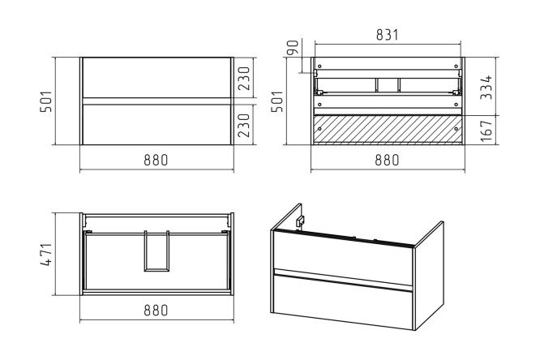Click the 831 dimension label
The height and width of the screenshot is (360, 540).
click(x=387, y=35)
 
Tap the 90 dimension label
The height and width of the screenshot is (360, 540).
click(x=293, y=48)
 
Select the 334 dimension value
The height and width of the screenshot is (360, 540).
click(x=486, y=88)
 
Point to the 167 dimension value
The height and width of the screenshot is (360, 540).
click(x=486, y=131)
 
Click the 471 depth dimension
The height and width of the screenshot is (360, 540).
click(x=46, y=255)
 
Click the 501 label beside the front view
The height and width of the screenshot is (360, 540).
click(x=45, y=101)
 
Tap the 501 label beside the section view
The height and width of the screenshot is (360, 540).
click(x=276, y=101)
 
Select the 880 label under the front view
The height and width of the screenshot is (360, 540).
click(x=156, y=160)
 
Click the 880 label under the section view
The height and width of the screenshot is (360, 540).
click(x=387, y=160)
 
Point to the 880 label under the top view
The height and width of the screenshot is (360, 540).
click(x=156, y=310)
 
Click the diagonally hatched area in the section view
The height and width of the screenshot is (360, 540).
click(x=388, y=130)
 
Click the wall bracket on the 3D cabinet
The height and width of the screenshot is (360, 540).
click(x=300, y=221)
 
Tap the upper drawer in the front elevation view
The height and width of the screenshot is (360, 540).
click(x=156, y=78)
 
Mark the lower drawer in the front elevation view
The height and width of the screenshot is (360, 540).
click(x=156, y=125)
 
